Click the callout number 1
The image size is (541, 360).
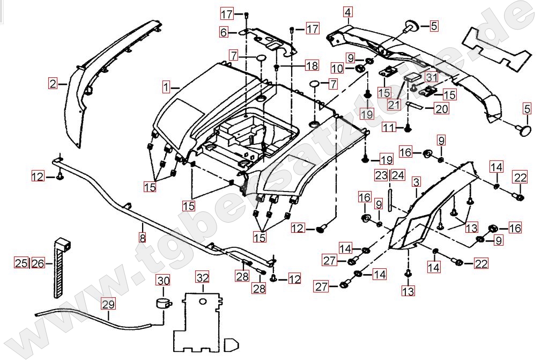click(166, 86)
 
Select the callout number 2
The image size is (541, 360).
click(53, 83)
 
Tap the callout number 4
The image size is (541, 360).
click(348, 12)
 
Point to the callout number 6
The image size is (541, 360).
click(224, 33)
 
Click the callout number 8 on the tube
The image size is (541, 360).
click(142, 237)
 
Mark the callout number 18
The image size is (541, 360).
click(312, 66)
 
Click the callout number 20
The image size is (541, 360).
click(441, 109)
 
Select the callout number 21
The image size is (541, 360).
click(394, 104)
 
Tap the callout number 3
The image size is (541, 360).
click(416, 182)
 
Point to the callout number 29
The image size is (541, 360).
click(108, 304)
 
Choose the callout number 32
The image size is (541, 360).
click(202, 277)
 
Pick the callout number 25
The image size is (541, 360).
click(21, 263)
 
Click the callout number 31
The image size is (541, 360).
click(432, 77)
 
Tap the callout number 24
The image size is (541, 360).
click(397, 175)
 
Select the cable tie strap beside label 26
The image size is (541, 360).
click(58, 268)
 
